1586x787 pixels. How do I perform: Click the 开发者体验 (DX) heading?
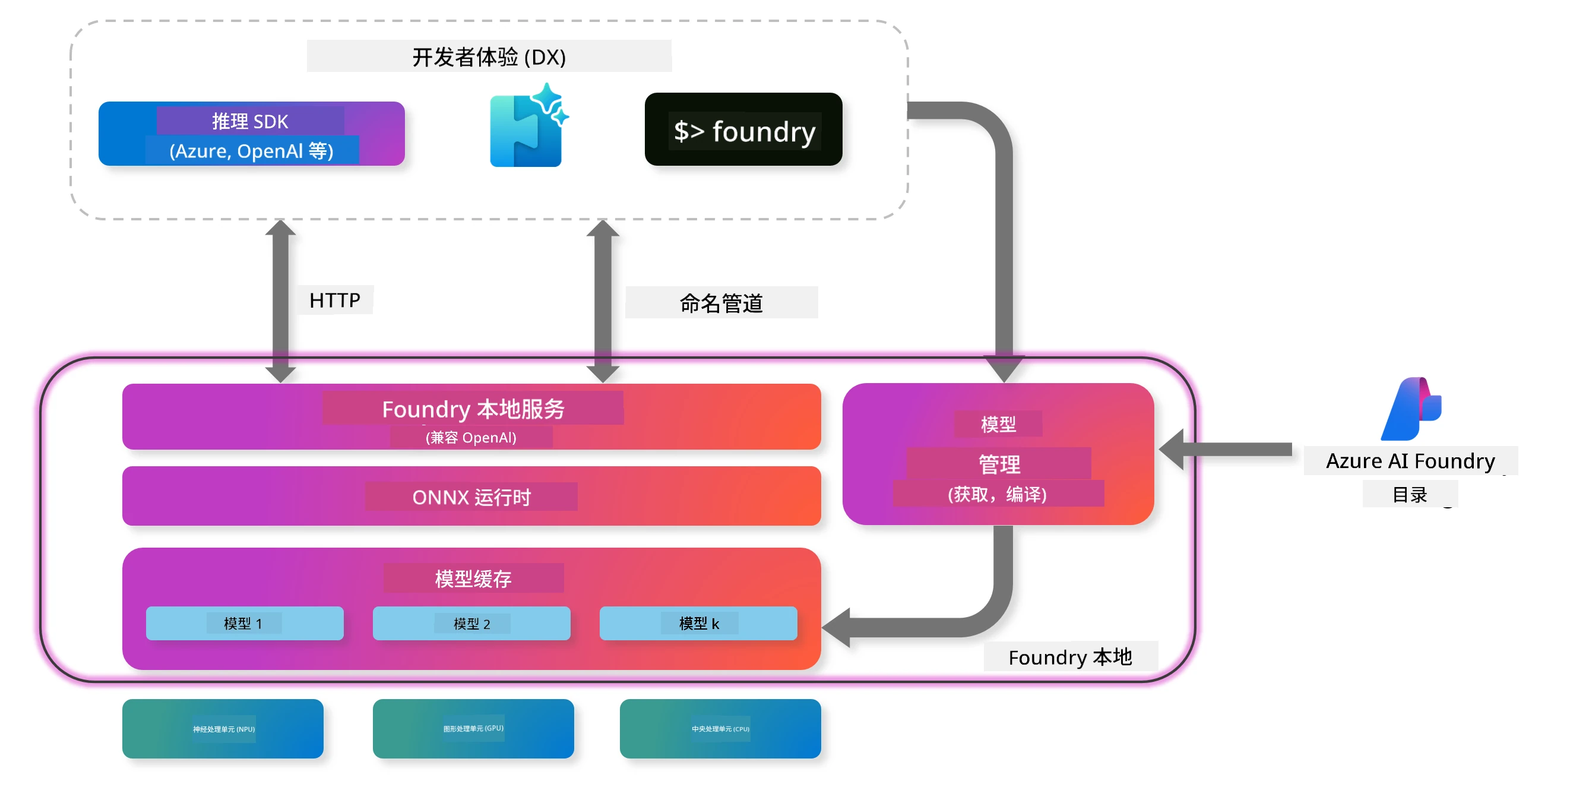(489, 56)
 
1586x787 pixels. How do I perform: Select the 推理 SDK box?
(251, 134)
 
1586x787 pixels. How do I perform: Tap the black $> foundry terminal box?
(743, 129)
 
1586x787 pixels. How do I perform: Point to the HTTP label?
(334, 300)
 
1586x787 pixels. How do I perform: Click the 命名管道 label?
(721, 303)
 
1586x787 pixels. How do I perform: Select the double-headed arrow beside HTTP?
(281, 301)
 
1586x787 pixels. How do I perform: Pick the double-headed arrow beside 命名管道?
(603, 301)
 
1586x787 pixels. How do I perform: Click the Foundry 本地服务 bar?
(471, 416)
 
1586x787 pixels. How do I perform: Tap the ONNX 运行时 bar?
(471, 496)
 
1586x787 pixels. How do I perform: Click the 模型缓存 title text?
(473, 579)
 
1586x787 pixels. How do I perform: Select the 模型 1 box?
(245, 623)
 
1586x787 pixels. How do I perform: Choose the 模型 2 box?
(471, 623)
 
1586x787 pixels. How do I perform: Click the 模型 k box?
(698, 623)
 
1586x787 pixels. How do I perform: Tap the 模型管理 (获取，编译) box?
(998, 454)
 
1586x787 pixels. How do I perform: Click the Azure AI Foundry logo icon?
(1411, 409)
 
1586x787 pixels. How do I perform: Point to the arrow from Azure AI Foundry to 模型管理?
(1225, 450)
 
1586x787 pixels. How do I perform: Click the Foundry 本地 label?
(1070, 657)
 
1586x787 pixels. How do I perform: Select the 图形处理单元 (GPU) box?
(473, 729)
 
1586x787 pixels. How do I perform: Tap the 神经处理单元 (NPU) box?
(223, 729)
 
